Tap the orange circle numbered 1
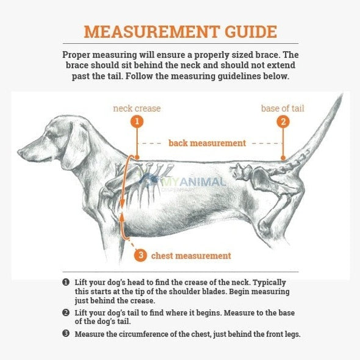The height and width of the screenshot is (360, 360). pyautogui.click(x=137, y=121)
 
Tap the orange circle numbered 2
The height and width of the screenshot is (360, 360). pyautogui.click(x=283, y=121)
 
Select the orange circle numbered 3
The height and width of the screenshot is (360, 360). pyautogui.click(x=140, y=256)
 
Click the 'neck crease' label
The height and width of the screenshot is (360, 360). pyautogui.click(x=137, y=109)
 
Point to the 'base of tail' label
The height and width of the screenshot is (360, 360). pyautogui.click(x=283, y=109)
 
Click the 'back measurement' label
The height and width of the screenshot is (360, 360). pyautogui.click(x=207, y=143)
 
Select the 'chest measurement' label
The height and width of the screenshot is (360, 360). pyautogui.click(x=191, y=256)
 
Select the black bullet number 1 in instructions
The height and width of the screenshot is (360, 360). pyautogui.click(x=65, y=283)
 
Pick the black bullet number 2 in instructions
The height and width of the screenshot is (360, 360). pyautogui.click(x=65, y=312)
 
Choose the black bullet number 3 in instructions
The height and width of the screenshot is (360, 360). pyautogui.click(x=65, y=334)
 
